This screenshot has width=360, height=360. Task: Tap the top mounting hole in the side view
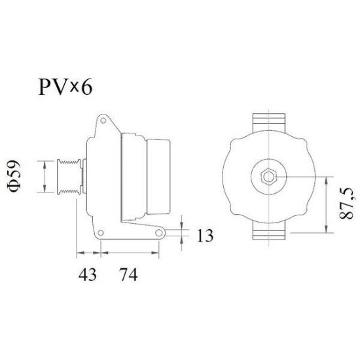pos(103,120)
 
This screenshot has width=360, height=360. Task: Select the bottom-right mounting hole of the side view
pos(160,235)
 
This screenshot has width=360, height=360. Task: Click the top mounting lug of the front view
pos(270,122)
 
